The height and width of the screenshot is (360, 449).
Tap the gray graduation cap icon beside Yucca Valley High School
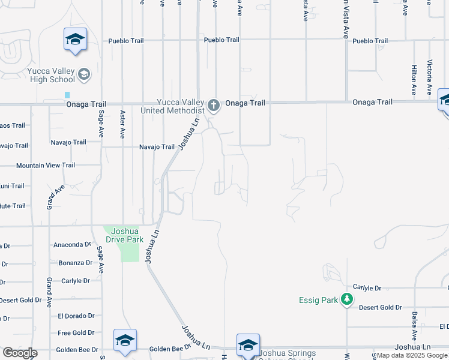(x=84, y=74)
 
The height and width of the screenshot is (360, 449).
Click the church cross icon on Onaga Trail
(x=213, y=106)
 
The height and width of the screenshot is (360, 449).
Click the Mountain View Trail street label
(x=46, y=166)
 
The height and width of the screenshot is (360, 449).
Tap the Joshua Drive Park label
(x=122, y=235)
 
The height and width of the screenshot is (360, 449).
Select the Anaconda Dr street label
(x=71, y=245)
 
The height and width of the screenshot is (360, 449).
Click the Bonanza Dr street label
(x=74, y=263)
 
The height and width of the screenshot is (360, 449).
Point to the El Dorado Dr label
(x=76, y=316)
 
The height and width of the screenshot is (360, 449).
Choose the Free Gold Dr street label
(x=76, y=332)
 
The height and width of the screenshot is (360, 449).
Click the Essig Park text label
(x=319, y=300)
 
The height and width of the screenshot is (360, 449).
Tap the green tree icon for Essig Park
(x=346, y=299)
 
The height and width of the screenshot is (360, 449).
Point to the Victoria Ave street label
(x=430, y=77)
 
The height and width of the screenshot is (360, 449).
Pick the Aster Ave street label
(x=122, y=125)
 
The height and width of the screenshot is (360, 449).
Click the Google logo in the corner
(x=20, y=352)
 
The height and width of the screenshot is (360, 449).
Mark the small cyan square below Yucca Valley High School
(x=67, y=95)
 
